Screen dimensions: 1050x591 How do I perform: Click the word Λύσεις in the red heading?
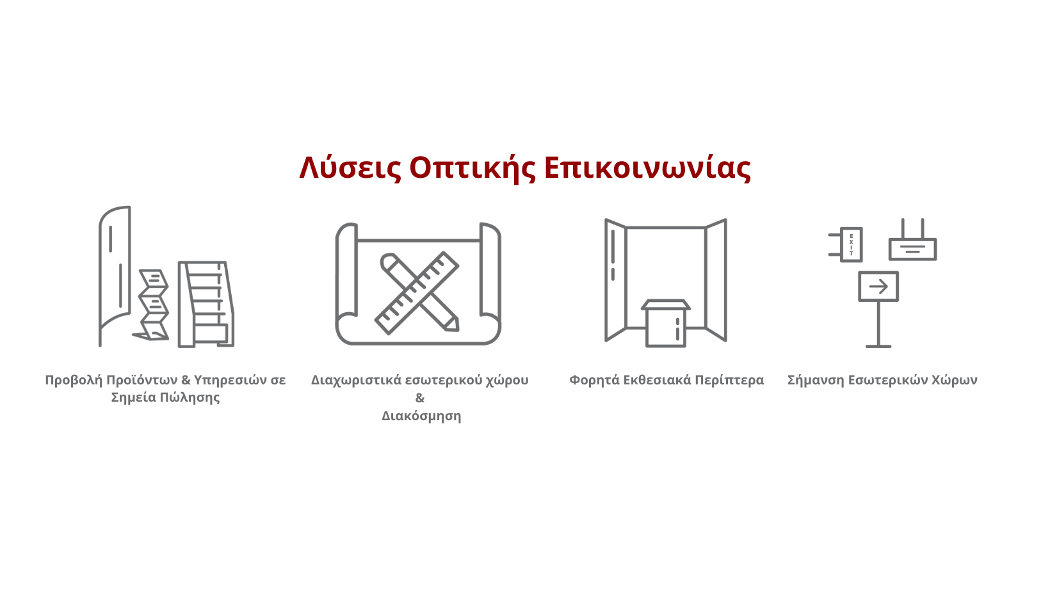(x=350, y=168)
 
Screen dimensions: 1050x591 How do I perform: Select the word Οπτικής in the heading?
(x=472, y=168)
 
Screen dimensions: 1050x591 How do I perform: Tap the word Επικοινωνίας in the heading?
(x=647, y=168)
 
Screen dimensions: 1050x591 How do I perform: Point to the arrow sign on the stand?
(x=878, y=286)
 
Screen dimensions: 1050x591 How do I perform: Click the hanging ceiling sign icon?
(x=912, y=240)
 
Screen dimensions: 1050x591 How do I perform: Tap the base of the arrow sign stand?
(x=878, y=346)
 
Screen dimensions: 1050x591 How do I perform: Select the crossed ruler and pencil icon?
(x=417, y=293)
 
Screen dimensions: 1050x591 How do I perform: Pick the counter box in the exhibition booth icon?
(x=666, y=323)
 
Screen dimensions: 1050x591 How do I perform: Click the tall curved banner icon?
(x=115, y=276)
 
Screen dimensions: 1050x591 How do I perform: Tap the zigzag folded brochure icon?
(x=152, y=304)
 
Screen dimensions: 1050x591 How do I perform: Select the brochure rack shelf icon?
(x=206, y=304)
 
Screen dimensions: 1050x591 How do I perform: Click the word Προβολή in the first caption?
(x=74, y=381)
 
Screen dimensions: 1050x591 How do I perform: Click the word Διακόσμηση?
(x=421, y=416)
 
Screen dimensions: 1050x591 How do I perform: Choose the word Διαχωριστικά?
(x=356, y=381)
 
